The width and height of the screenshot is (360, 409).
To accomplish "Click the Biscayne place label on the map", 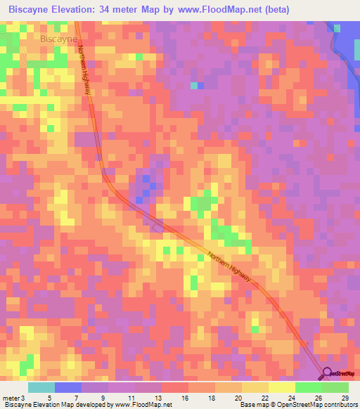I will coord(58,39).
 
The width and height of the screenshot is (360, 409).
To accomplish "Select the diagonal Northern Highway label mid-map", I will coord(229,267).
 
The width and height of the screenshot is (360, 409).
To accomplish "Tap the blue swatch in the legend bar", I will coord(67,387).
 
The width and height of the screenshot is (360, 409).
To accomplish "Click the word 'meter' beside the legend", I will coord(12,397).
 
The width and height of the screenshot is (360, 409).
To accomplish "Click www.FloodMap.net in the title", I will coord(222,11).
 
